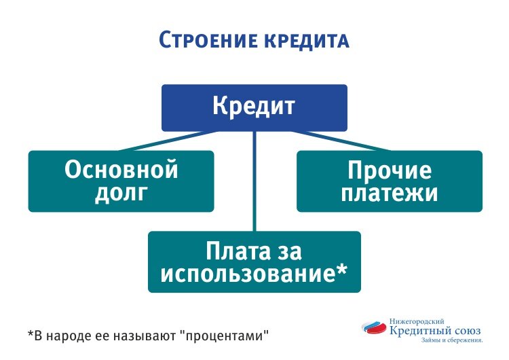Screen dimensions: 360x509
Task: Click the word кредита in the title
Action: tap(304, 41)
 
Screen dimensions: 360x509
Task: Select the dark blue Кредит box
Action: tap(254, 107)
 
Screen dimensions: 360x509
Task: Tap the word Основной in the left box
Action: tap(121, 170)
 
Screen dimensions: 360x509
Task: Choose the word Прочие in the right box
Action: tap(390, 170)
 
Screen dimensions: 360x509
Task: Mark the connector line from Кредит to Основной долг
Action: tap(170, 141)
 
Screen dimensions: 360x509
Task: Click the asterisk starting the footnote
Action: tap(31, 334)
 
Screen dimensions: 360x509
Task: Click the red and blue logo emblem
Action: tap(375, 329)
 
